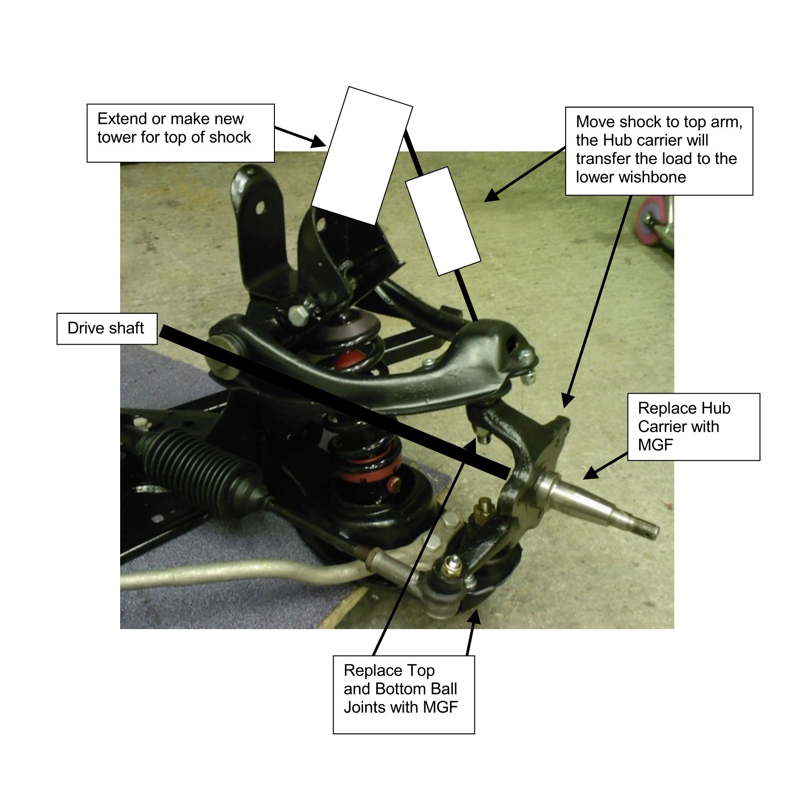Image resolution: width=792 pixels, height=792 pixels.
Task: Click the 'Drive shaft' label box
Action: coord(107,329)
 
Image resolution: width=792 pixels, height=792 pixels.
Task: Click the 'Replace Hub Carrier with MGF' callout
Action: coord(693,427)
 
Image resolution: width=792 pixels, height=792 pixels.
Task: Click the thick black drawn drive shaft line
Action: coord(334,403)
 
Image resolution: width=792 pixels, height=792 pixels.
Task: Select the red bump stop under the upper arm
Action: coord(349,358)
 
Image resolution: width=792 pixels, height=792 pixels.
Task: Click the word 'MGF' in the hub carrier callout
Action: coord(656,445)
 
